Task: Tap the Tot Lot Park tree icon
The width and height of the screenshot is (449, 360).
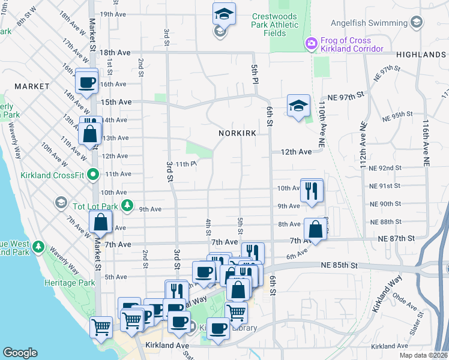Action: [x=127, y=206]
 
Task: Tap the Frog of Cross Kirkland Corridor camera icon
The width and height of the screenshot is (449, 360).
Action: [x=311, y=44]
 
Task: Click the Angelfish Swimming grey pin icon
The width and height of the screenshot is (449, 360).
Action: [x=417, y=23]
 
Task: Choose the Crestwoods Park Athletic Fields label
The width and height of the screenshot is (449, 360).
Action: [x=274, y=25]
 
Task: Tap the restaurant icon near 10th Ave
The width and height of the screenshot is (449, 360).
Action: [x=312, y=190]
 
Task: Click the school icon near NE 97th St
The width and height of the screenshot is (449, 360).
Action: [x=298, y=106]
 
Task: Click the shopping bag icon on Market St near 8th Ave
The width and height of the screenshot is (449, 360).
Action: [x=101, y=223]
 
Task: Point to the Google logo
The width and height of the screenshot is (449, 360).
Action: [x=20, y=353]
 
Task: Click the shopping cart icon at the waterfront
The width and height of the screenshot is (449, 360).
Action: [x=101, y=327]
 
